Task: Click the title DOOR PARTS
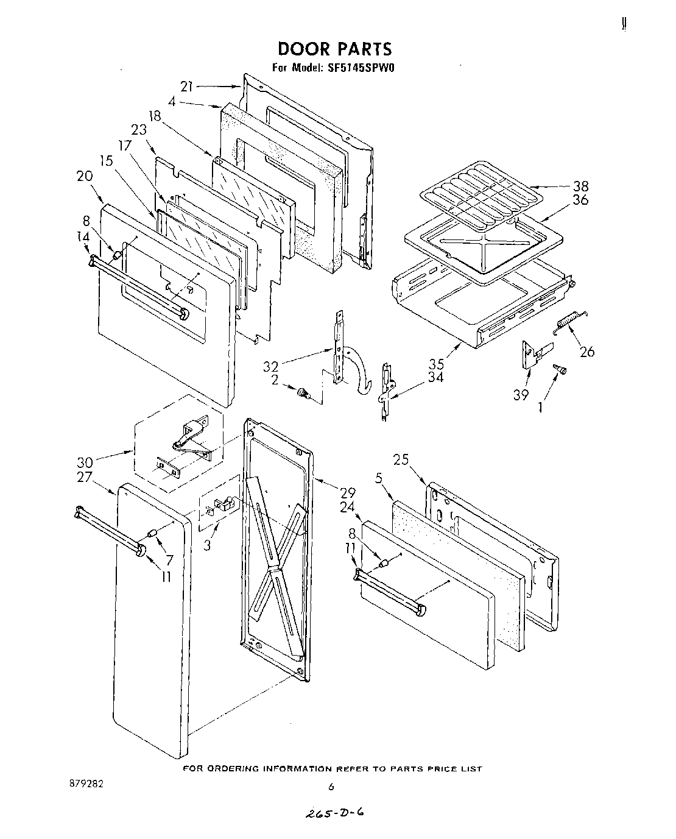point(334,48)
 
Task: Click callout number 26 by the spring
point(587,352)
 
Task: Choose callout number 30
point(85,462)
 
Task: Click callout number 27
point(85,478)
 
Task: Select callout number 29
point(348,492)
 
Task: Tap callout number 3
point(208,545)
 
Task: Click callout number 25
point(401,460)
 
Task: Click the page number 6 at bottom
point(331,787)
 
